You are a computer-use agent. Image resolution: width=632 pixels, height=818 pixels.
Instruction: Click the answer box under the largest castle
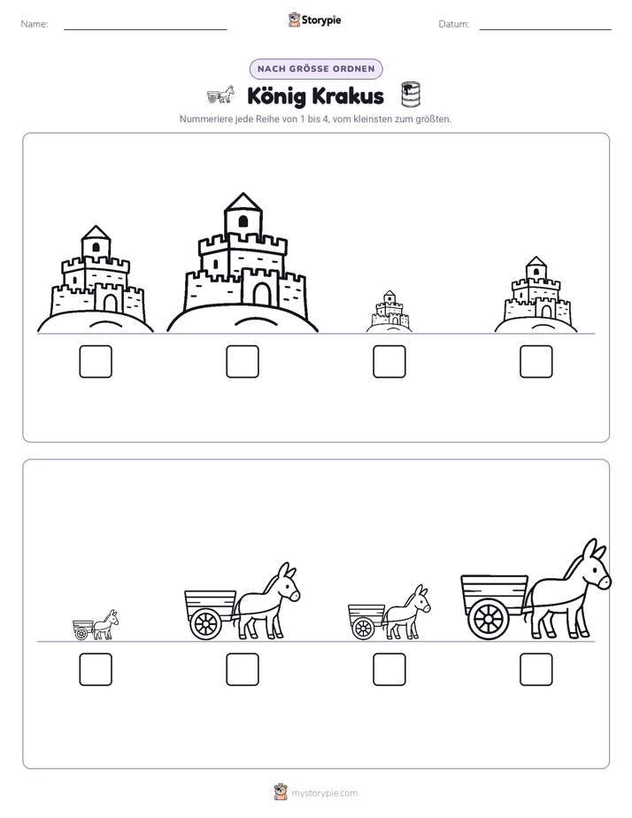[x=243, y=361]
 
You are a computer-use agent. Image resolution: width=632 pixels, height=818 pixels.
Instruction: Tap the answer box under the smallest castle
[x=389, y=361]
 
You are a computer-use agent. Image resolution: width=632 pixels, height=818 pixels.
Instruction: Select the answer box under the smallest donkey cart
[x=96, y=669]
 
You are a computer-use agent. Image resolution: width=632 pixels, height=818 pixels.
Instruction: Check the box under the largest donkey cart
[x=536, y=669]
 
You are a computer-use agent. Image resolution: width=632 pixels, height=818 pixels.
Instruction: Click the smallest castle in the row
[x=389, y=312]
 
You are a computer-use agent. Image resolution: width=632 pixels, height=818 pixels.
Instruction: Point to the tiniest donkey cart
[x=96, y=625]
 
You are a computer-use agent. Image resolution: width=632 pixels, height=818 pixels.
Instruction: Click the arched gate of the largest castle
[x=262, y=294]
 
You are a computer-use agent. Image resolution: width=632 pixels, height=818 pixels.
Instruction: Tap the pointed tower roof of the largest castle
[x=243, y=202]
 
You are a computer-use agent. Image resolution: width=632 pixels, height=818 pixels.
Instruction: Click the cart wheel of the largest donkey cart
[x=489, y=619]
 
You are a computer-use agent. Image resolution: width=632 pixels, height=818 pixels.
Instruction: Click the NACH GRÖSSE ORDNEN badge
[x=316, y=69]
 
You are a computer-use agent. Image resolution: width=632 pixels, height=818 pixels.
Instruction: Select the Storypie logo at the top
[x=315, y=20]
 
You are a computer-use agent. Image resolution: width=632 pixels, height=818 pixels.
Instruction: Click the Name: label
[x=35, y=24]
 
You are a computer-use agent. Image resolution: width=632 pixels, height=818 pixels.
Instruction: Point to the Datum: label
[x=454, y=24]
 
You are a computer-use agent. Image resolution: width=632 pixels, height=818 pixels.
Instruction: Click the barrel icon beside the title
[x=411, y=95]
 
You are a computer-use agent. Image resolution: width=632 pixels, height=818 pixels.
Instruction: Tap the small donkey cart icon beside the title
[x=220, y=94]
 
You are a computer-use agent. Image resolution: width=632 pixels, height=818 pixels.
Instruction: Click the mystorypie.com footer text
[x=324, y=793]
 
